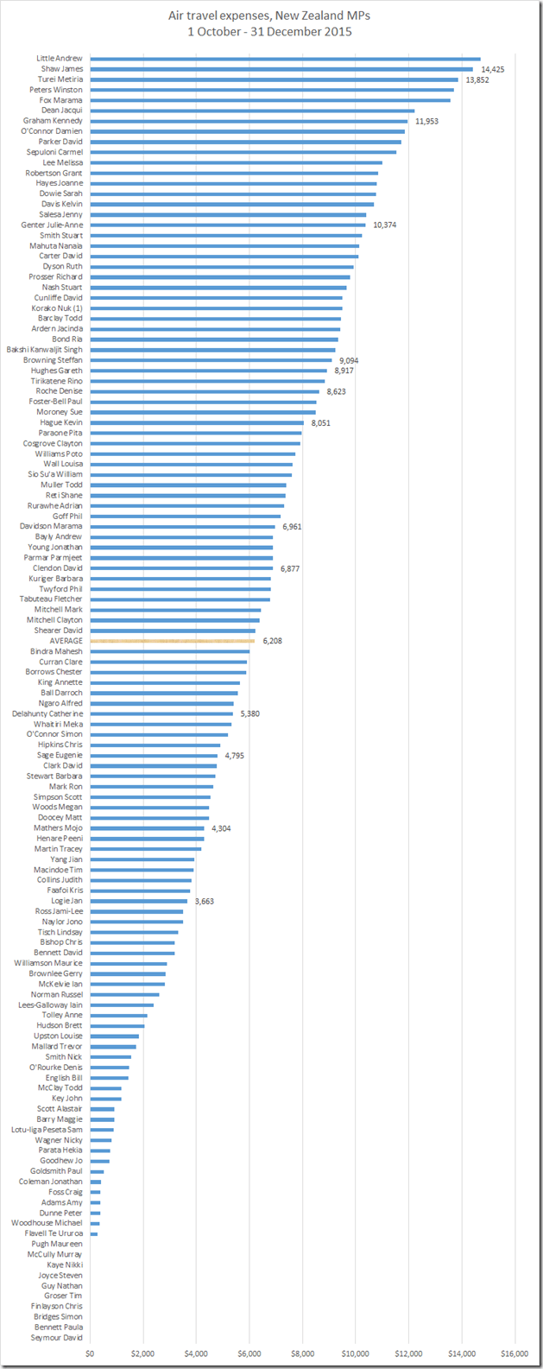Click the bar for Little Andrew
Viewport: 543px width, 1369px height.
pyautogui.click(x=285, y=59)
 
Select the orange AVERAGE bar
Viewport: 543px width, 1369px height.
pyautogui.click(x=173, y=641)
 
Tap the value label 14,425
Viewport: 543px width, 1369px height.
pyautogui.click(x=493, y=69)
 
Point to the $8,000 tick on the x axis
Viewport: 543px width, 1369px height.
pyautogui.click(x=302, y=1353)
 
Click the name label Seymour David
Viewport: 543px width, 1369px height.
pyautogui.click(x=57, y=1338)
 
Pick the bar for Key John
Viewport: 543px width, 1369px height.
pyautogui.click(x=105, y=1099)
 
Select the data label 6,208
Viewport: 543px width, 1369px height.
pyautogui.click(x=273, y=641)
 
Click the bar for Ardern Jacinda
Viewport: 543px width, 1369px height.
pyautogui.click(x=215, y=329)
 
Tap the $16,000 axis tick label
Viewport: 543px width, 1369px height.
pyautogui.click(x=515, y=1353)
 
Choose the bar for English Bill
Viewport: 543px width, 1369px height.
pyautogui.click(x=109, y=1078)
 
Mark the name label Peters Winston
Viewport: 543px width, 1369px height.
pyautogui.click(x=56, y=90)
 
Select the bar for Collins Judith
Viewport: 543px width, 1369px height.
pyautogui.click(x=141, y=880)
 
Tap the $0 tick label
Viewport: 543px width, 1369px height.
pyautogui.click(x=90, y=1353)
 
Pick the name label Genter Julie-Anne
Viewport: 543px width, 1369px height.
pyautogui.click(x=52, y=225)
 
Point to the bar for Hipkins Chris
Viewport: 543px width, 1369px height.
pyautogui.click(x=155, y=745)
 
